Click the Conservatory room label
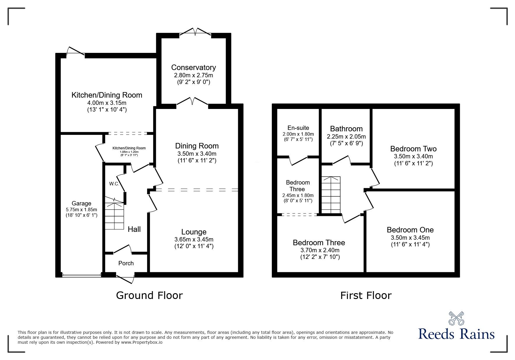click(193, 67)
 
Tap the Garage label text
click(81, 203)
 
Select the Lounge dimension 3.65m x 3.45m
click(194, 239)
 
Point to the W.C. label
click(114, 184)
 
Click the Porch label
click(126, 263)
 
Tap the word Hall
click(134, 229)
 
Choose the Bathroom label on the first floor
click(346, 129)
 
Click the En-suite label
click(298, 128)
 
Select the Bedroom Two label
click(413, 149)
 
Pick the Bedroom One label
click(410, 230)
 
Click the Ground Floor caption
click(149, 295)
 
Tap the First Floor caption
click(366, 295)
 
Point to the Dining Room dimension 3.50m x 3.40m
click(197, 153)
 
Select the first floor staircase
click(331, 195)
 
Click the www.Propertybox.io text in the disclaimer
click(142, 342)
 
